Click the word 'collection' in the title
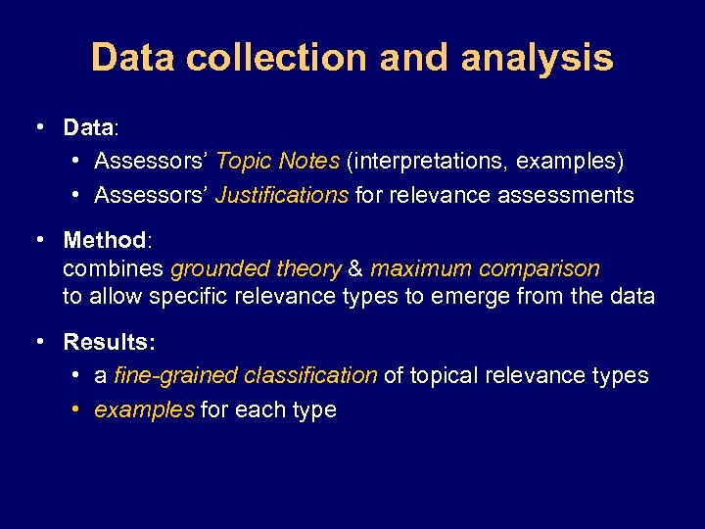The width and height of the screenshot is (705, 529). [276, 58]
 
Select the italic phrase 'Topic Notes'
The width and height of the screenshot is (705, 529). [277, 160]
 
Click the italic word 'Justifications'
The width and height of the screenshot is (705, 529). [281, 195]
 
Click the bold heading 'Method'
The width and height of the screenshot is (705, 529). [104, 240]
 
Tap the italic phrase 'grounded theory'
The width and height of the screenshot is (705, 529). [256, 268]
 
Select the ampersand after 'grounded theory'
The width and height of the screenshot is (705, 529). [355, 268]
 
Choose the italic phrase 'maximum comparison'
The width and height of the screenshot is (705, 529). [485, 268]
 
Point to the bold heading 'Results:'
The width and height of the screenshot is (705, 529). [109, 342]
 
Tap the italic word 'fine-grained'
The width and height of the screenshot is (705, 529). [176, 375]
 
